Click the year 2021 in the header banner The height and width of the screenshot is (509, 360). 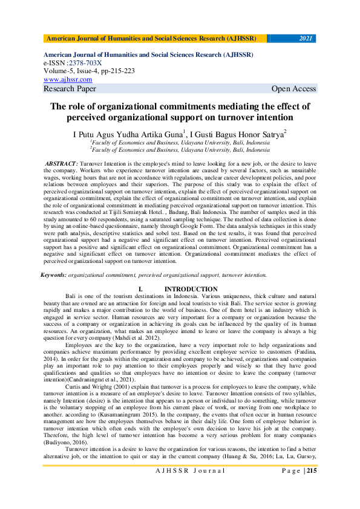[x=306, y=39]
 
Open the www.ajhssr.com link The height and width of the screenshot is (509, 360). [x=68, y=79]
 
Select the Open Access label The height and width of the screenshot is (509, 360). [x=293, y=89]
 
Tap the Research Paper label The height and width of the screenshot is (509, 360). [x=70, y=89]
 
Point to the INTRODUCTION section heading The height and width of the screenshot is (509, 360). [x=191, y=290]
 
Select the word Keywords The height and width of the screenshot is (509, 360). [x=53, y=274]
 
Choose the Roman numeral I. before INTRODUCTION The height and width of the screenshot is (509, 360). [x=140, y=290]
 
